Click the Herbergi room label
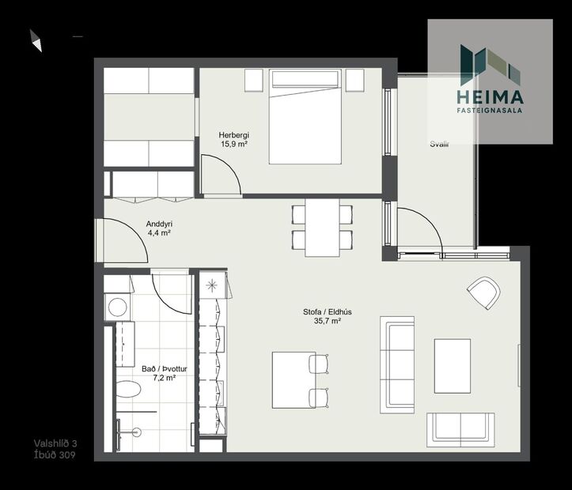(x=234, y=134)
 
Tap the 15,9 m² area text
(x=234, y=145)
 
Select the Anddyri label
(x=159, y=224)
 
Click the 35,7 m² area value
(x=327, y=322)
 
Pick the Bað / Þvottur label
(x=158, y=368)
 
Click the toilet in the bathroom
(x=127, y=390)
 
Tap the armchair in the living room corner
(x=483, y=292)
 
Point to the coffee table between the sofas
(x=452, y=365)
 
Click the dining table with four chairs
(x=322, y=227)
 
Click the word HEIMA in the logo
(x=490, y=97)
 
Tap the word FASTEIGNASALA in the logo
(x=490, y=111)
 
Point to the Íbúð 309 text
(x=55, y=454)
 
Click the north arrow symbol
(x=36, y=40)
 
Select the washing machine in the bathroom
(x=118, y=307)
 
